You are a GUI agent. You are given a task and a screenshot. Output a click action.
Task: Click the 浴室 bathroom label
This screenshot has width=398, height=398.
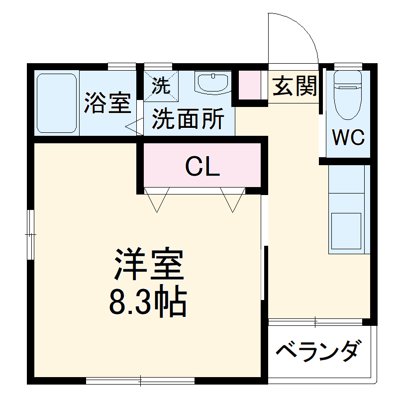[x=107, y=103]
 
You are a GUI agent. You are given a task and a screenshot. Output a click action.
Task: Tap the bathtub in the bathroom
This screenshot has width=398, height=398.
[x=56, y=103]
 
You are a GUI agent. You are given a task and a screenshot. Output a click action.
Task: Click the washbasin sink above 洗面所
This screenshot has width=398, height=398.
[x=213, y=83]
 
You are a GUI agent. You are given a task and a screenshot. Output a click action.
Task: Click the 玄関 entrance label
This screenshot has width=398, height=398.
[x=295, y=87]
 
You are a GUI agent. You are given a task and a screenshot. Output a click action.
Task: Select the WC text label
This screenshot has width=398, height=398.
[x=349, y=137]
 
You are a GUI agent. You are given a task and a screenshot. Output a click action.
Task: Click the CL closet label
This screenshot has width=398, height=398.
[x=202, y=167]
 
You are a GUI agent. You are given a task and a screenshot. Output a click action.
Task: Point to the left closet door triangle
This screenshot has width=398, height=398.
[x=157, y=199]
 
